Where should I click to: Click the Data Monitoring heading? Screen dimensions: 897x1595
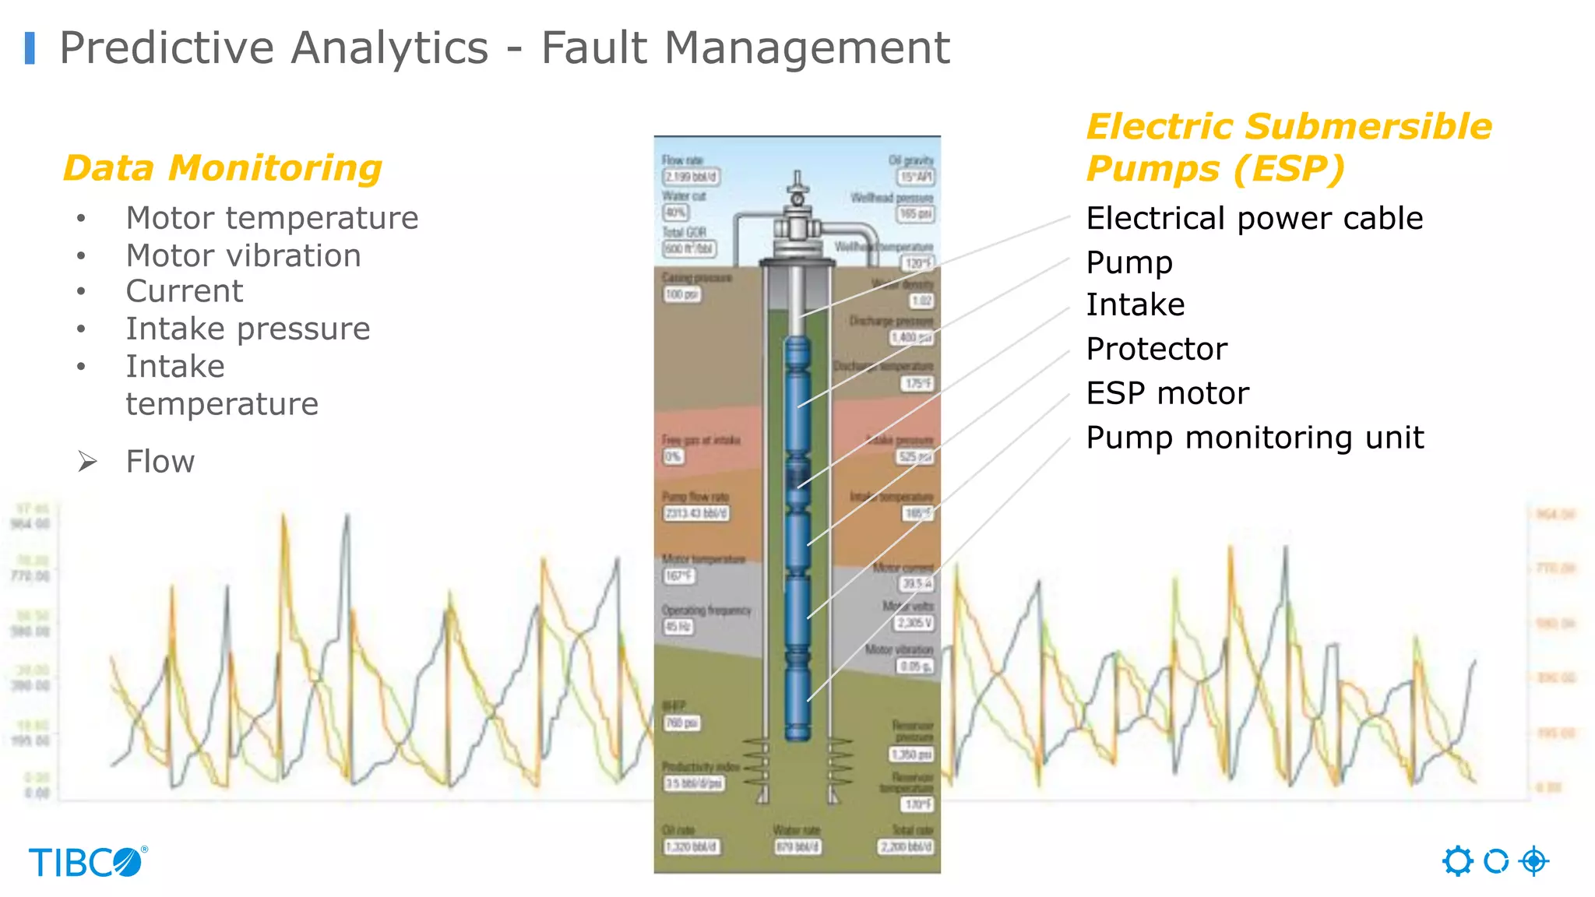point(223,168)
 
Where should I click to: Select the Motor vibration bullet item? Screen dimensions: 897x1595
point(243,255)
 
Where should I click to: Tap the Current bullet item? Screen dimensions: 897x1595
point(185,291)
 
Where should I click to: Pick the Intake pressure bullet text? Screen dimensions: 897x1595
point(248,329)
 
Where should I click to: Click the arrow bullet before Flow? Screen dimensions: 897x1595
point(87,462)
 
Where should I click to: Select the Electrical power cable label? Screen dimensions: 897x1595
point(1254,219)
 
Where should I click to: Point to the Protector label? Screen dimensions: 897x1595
point(1157,349)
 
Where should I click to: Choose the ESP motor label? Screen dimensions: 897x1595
point(1167,393)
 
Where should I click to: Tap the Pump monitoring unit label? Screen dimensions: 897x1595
point(1255,438)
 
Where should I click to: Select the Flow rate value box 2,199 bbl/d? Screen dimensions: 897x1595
point(691,177)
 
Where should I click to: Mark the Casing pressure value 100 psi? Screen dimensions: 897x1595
point(682,294)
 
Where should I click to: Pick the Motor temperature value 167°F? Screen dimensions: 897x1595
point(679,576)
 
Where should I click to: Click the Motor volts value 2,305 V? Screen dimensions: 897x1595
point(914,623)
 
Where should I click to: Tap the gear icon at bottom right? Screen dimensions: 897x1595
point(1457,861)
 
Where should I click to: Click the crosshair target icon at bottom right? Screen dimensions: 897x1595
point(1534,861)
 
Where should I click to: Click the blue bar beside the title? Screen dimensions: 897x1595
point(30,48)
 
